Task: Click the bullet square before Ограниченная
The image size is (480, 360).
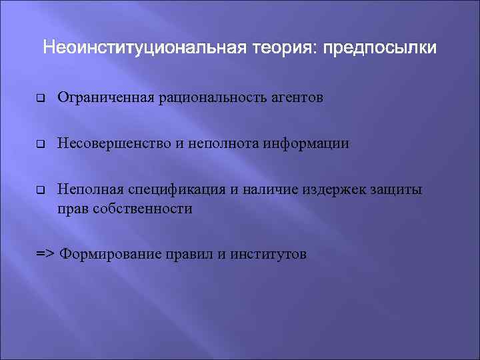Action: coord(39,99)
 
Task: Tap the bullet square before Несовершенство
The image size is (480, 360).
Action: coord(39,144)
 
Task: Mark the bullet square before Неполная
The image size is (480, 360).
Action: coord(39,189)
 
